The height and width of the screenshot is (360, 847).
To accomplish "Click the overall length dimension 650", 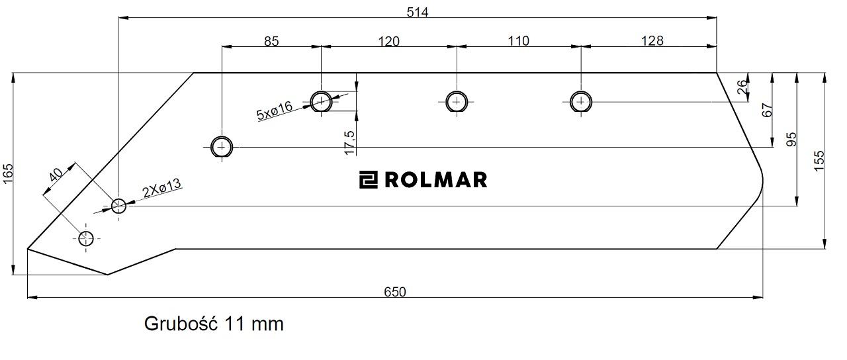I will (394, 292).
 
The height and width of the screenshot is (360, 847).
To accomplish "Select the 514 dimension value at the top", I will (417, 12).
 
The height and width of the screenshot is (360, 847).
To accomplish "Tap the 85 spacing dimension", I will (271, 41).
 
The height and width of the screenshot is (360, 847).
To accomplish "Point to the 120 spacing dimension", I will (388, 41).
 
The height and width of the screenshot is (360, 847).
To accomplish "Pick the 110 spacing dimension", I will (518, 41).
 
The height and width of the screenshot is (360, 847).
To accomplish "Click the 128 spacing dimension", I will (652, 41).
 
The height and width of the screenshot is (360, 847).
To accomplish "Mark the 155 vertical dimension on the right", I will (819, 161).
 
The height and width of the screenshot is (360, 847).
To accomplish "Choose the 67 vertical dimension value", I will (768, 110).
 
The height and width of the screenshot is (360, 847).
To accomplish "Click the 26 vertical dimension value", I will (742, 87).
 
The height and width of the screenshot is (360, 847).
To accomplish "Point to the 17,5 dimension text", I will (350, 142).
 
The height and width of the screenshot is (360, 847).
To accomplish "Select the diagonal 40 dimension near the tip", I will (56, 175).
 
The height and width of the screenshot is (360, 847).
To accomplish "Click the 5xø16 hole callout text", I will (275, 111).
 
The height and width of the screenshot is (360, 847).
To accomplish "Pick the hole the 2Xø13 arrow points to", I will (118, 206).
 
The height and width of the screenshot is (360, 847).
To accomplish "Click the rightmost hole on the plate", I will (581, 102).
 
